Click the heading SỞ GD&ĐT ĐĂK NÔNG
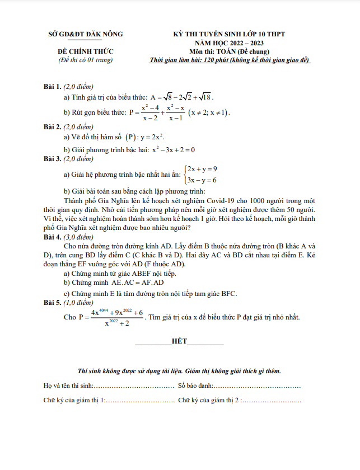tap(85, 34)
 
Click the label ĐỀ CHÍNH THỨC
tap(85, 51)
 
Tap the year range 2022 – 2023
tap(245, 43)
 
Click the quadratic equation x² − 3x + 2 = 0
tap(173, 149)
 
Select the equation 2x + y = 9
tap(202, 168)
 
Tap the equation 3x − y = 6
tap(202, 180)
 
